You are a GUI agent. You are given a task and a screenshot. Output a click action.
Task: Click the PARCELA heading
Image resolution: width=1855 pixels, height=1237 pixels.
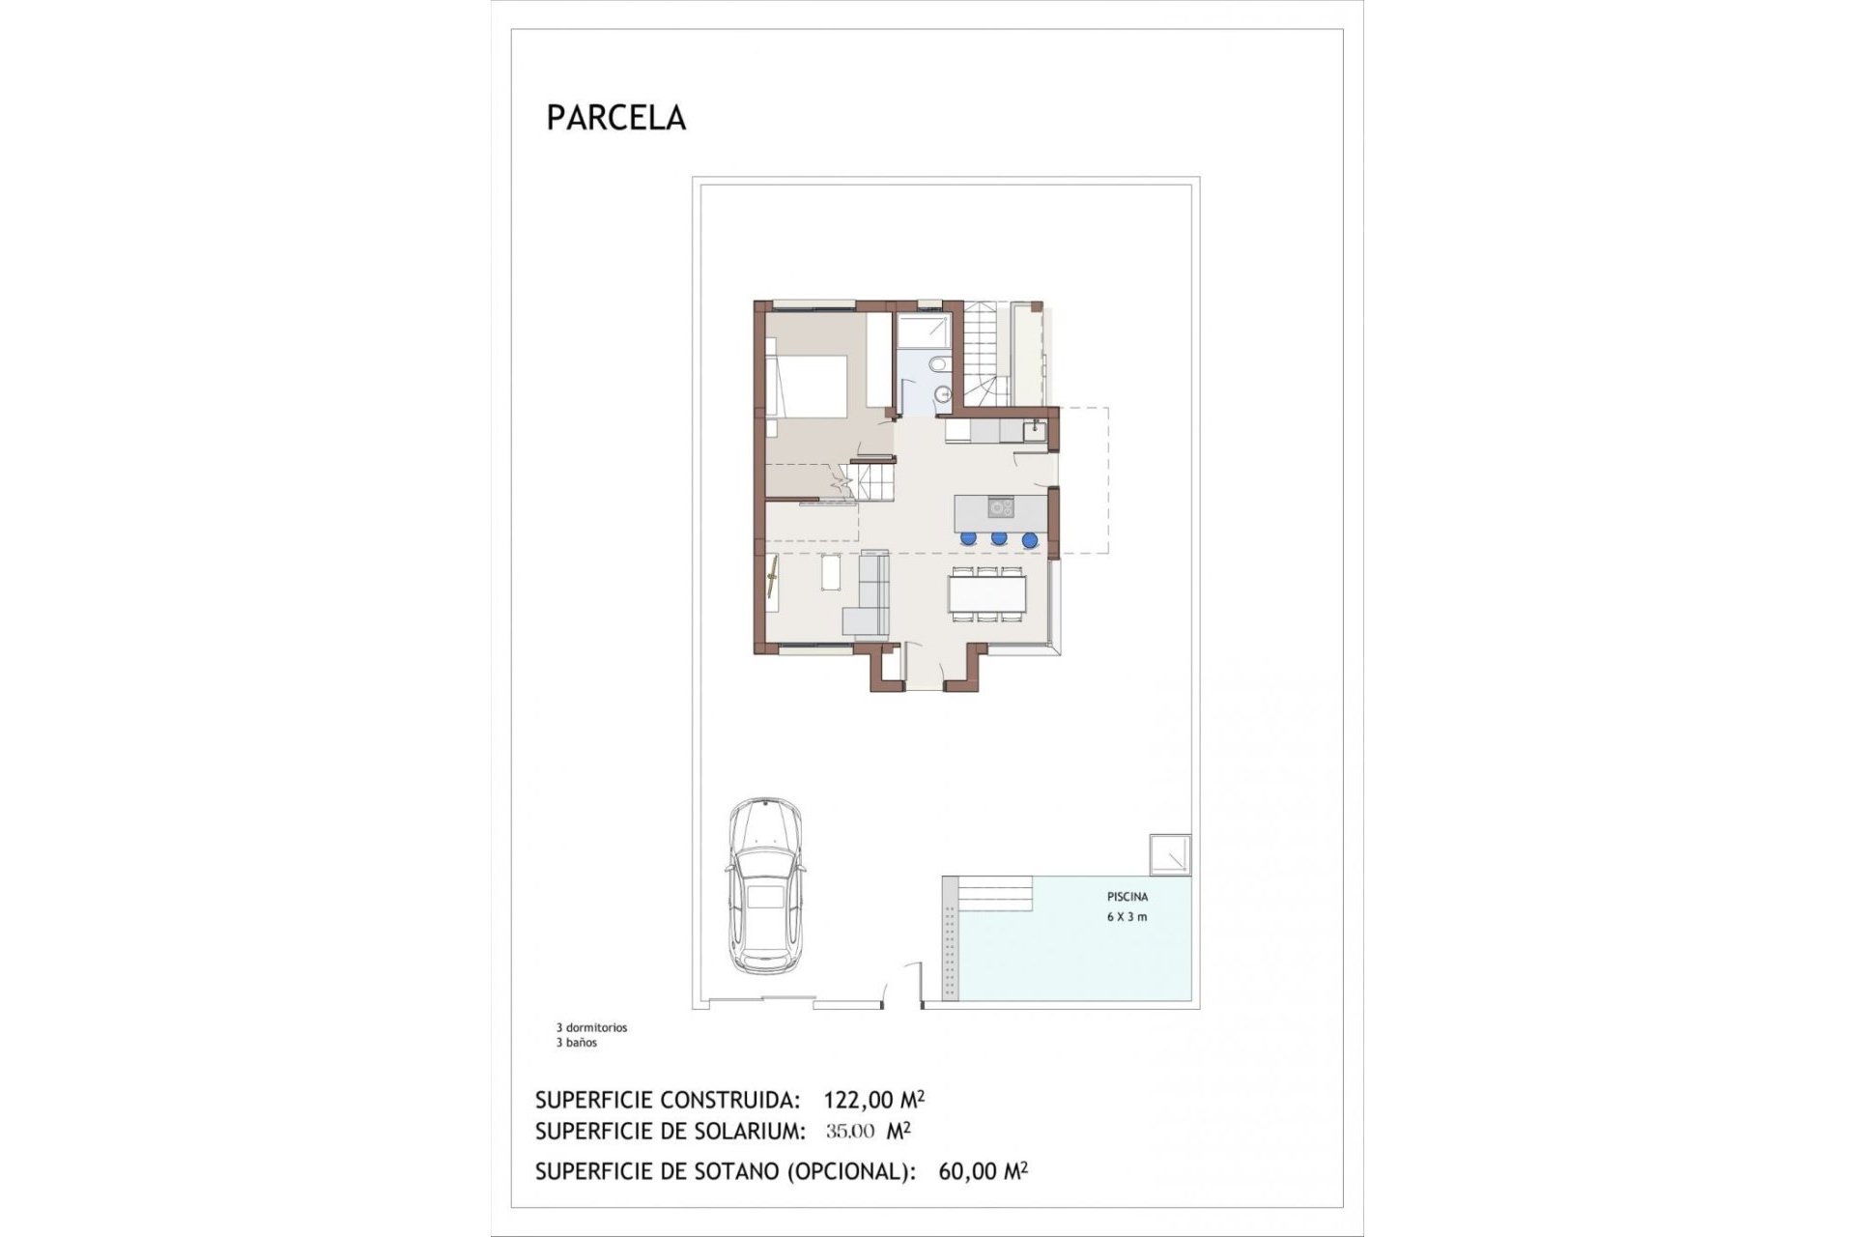tap(615, 117)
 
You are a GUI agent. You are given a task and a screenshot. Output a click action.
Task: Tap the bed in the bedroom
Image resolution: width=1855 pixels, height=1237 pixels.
tap(807, 386)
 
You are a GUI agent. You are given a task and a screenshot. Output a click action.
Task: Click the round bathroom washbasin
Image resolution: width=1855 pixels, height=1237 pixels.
tap(944, 393)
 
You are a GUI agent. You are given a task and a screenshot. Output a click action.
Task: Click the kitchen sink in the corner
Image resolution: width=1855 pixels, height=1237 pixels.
tap(1034, 426)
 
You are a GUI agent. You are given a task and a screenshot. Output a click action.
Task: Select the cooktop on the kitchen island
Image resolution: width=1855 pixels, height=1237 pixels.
tap(1000, 506)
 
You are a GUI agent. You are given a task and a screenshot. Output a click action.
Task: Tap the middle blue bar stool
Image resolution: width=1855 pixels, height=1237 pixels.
tap(999, 538)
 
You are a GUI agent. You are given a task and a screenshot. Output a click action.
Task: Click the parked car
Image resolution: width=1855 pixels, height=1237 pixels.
tap(765, 886)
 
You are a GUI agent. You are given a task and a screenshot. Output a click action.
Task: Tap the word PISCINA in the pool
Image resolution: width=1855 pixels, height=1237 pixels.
tap(1127, 897)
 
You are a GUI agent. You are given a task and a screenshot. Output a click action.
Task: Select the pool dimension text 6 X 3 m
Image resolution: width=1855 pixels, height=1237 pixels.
tap(1127, 917)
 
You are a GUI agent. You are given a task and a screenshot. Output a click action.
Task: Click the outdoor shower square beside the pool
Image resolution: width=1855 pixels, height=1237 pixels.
tap(1170, 854)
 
